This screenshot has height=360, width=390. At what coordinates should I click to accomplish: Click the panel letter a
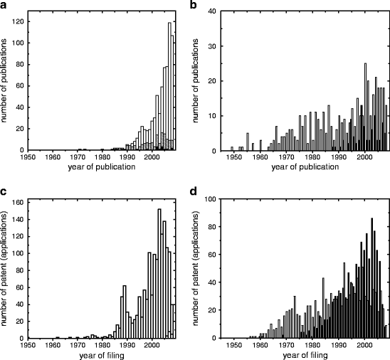[x=6, y=6]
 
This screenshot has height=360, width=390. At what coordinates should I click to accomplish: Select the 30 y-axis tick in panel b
[x=212, y=46]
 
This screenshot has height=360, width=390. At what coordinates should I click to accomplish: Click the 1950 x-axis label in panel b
[x=232, y=157]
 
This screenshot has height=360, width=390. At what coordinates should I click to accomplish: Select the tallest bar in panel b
[x=365, y=107]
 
